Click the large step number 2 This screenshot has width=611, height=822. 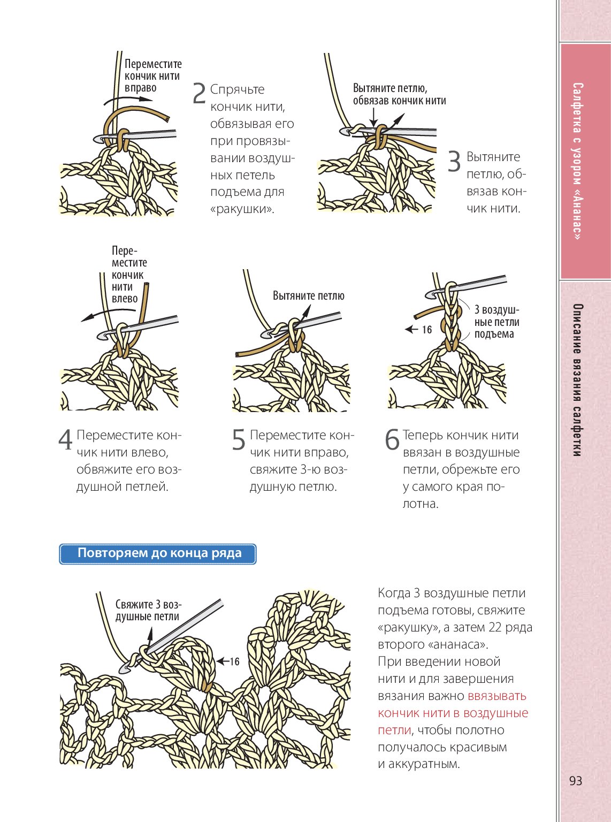coord(199,94)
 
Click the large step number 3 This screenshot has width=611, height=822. coord(454,162)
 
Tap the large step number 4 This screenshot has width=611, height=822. coord(65,440)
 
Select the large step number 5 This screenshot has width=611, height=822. coord(239,440)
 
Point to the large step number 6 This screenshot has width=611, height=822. coord(392,440)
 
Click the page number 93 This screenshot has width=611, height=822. coord(576,781)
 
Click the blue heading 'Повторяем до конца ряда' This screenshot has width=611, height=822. coord(158,553)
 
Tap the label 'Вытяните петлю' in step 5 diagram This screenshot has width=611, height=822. coord(308,296)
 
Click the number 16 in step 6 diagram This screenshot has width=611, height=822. coord(426,330)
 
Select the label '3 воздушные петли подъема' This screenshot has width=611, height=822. coord(496,322)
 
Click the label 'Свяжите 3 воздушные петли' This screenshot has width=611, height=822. coord(148,611)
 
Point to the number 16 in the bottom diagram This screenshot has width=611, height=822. coord(234,661)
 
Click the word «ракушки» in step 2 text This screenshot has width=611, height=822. coord(242,209)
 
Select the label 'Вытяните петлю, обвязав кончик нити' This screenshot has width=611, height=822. coord(399,94)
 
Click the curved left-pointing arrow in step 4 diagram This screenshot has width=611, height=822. coord(102,315)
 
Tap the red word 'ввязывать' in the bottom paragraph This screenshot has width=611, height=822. coord(497,696)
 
